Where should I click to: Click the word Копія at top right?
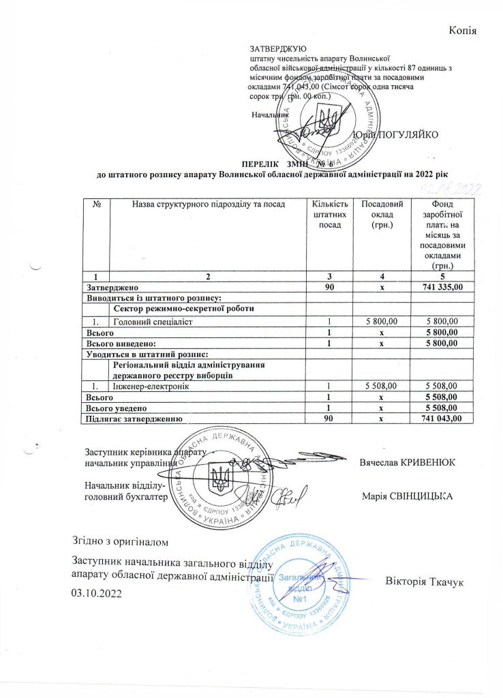[x=462, y=30]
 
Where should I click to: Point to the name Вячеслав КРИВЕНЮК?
[x=408, y=462]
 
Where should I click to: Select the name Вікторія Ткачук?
[x=425, y=581]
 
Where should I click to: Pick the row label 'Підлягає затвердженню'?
[x=132, y=418]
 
